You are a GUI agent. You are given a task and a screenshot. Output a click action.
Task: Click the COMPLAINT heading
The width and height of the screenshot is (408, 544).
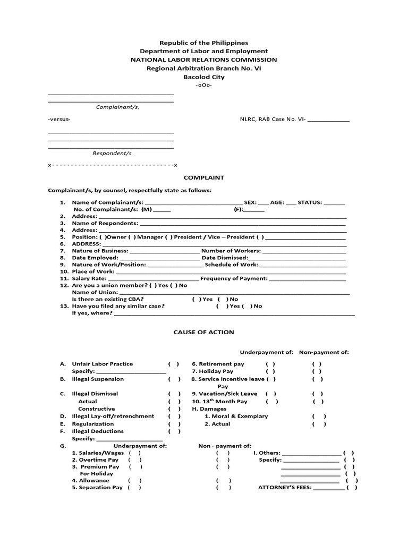[x=203, y=177]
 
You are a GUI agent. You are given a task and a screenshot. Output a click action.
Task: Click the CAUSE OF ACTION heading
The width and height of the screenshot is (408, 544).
[x=203, y=332]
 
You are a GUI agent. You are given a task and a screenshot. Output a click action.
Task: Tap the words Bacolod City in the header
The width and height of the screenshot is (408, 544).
[x=203, y=77]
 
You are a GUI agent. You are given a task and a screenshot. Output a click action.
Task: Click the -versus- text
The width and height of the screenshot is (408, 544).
[x=59, y=119]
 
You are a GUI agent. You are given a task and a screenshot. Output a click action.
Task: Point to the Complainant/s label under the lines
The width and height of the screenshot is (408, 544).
[x=117, y=107]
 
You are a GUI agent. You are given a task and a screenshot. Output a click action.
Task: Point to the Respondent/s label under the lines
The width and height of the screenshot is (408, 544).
[x=113, y=153]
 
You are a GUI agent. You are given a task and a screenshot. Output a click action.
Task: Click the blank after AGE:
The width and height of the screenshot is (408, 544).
[x=291, y=203]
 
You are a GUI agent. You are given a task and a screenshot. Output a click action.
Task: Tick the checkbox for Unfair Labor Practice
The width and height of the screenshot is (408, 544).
[x=174, y=364]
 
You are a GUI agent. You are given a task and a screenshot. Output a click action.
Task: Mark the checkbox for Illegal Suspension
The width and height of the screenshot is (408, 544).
[x=175, y=379]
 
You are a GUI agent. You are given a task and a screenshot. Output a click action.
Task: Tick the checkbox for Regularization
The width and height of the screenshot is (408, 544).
[x=175, y=424]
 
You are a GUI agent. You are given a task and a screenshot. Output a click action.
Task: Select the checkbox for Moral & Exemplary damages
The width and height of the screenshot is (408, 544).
[x=319, y=416]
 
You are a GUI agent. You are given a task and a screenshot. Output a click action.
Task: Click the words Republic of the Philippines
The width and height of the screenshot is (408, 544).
[x=203, y=42]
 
